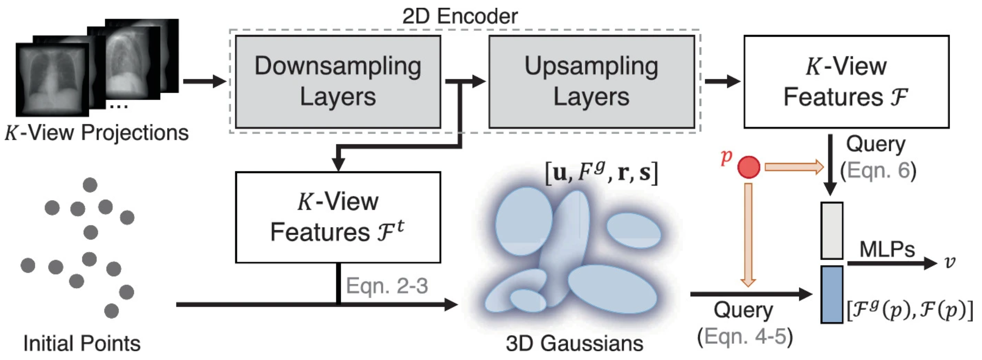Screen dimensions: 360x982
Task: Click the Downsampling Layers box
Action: (338, 82)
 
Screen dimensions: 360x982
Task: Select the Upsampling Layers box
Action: (591, 82)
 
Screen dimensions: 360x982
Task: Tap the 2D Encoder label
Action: (460, 17)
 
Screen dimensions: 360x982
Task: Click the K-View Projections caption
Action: (97, 133)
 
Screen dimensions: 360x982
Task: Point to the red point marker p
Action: (748, 168)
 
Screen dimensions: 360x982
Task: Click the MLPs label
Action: (886, 250)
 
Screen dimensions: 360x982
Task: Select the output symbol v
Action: (949, 262)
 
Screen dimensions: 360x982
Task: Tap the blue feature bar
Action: (832, 294)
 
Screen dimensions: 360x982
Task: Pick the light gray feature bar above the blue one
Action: (832, 231)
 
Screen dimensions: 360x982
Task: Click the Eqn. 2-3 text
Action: (387, 286)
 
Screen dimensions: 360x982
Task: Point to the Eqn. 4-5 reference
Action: (745, 337)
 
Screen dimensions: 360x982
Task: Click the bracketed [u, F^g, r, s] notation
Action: (601, 172)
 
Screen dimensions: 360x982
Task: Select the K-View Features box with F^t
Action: (338, 217)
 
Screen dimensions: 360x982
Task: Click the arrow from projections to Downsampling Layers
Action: (204, 81)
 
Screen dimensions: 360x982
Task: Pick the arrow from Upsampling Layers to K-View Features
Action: (722, 81)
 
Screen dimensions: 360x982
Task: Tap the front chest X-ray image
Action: (52, 80)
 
